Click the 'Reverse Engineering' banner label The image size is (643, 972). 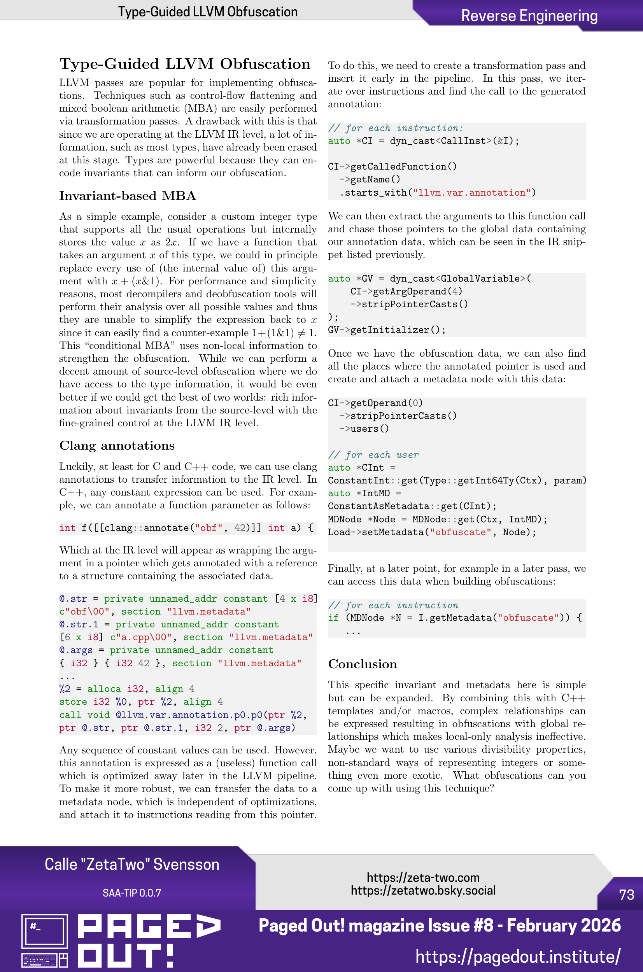pyautogui.click(x=529, y=16)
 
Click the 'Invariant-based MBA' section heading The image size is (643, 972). pyautogui.click(x=127, y=196)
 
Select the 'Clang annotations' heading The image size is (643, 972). pyautogui.click(x=117, y=446)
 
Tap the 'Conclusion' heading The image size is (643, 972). pyautogui.click(x=362, y=664)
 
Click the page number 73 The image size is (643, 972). pyautogui.click(x=626, y=895)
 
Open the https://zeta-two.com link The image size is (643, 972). pyautogui.click(x=423, y=877)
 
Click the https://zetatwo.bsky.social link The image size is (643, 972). pyautogui.click(x=423, y=890)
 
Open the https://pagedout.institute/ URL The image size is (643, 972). pyautogui.click(x=517, y=956)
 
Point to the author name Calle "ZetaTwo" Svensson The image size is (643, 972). pyautogui.click(x=131, y=864)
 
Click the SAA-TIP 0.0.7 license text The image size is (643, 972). pyautogui.click(x=131, y=893)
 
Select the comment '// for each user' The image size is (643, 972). pyautogui.click(x=373, y=455)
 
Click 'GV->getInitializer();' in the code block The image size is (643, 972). pyautogui.click(x=386, y=330)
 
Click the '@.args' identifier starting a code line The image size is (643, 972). pyautogui.click(x=76, y=650)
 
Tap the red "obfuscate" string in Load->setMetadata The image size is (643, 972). pyautogui.click(x=460, y=532)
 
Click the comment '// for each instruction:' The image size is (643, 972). pyautogui.click(x=395, y=128)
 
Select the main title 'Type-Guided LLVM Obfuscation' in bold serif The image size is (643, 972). pyautogui.click(x=184, y=64)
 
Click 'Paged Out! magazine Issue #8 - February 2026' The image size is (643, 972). pyautogui.click(x=440, y=926)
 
